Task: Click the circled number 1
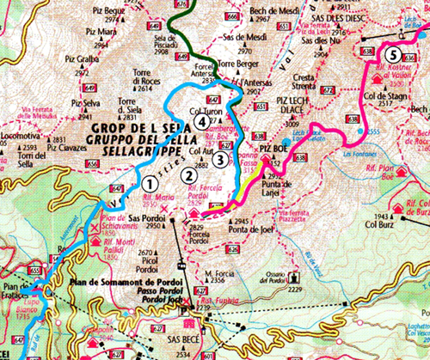(x=151, y=182)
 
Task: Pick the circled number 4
(x=201, y=123)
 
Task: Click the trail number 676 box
(x=180, y=4)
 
